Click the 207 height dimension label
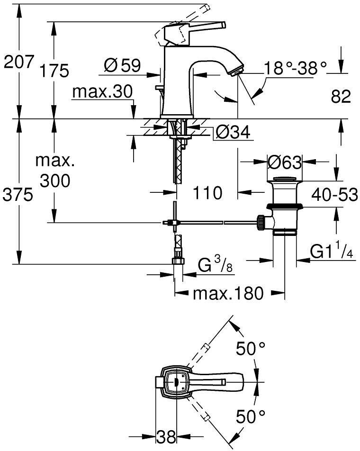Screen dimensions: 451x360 point(18,62)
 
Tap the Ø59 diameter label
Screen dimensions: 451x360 point(122,65)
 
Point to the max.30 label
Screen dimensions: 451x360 point(102,92)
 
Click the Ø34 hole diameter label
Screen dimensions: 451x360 point(232,133)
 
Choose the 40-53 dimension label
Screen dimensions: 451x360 point(334,194)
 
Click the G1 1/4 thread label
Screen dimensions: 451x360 point(332,252)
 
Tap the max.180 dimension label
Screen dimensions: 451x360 point(227,294)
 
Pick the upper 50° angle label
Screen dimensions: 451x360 point(251,350)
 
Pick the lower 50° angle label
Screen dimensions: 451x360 point(251,417)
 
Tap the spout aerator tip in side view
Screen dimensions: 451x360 point(235,72)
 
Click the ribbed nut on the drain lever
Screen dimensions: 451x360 point(260,221)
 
